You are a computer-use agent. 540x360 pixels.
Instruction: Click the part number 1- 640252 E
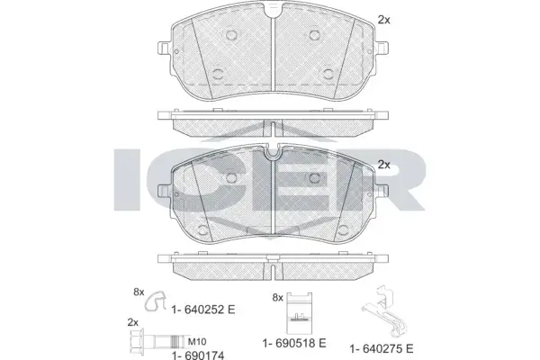coord(203,310)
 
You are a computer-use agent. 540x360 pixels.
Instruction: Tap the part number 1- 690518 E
coord(294,343)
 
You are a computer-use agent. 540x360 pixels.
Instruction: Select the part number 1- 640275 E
coord(382,348)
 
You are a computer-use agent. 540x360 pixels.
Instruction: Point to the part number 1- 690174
coord(198,355)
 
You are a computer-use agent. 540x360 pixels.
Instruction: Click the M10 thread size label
coord(197,342)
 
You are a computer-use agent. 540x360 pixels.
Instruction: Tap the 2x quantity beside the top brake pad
coord(384,20)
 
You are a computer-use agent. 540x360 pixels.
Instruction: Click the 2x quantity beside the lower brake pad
coord(384,165)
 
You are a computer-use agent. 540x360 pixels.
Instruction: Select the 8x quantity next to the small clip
coord(139,292)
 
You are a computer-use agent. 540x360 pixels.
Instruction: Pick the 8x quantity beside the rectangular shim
coord(277,298)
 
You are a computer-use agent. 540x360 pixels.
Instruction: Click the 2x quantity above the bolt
coord(133,322)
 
